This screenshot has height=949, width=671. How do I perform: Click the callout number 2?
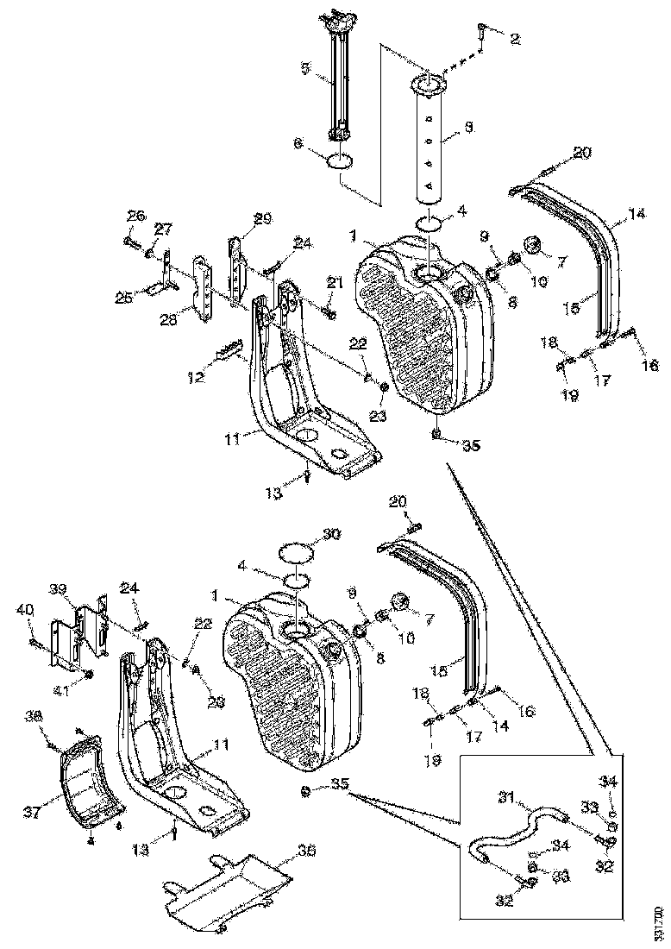coord(515,38)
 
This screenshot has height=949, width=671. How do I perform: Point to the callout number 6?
coord(299,147)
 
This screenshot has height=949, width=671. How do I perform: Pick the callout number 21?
coord(335,283)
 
